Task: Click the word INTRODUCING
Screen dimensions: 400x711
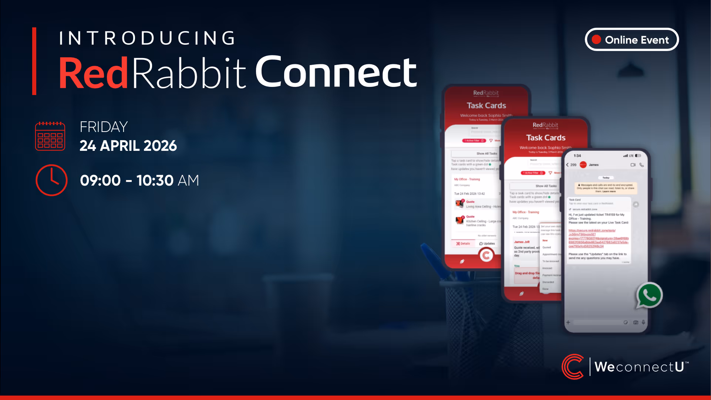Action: click(147, 38)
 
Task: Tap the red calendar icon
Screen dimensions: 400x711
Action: click(50, 136)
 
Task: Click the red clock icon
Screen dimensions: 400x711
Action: click(51, 180)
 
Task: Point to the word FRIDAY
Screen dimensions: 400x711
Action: click(104, 127)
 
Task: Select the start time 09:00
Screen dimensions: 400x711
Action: click(100, 180)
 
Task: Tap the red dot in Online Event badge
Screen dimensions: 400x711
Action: click(596, 40)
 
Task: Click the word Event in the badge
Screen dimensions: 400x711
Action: click(655, 40)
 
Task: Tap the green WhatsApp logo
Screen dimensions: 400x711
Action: click(649, 295)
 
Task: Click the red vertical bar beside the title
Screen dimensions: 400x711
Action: click(34, 61)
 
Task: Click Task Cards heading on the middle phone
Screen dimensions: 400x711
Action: click(546, 138)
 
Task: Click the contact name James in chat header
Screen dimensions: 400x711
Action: click(593, 165)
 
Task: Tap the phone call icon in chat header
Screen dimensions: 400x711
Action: click(641, 165)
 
